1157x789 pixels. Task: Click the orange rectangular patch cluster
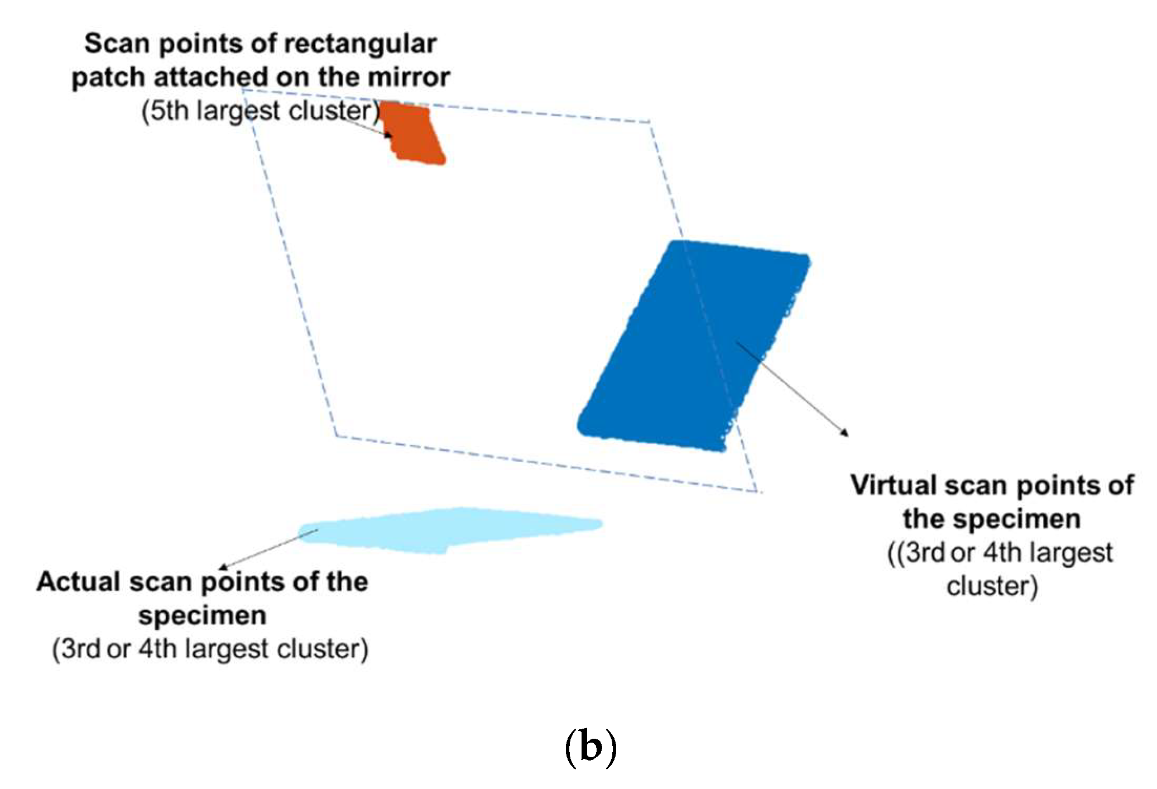(x=416, y=134)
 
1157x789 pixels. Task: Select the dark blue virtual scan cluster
(x=692, y=346)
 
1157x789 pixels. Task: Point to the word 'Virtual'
(x=892, y=485)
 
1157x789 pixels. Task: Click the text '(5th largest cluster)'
(x=260, y=111)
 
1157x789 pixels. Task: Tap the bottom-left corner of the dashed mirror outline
(x=336, y=436)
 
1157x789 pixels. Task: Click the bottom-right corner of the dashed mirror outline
(x=757, y=491)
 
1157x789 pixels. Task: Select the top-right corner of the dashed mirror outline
(x=649, y=121)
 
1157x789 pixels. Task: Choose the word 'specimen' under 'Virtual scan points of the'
(x=991, y=519)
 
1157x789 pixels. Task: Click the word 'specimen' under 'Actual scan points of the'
(x=202, y=616)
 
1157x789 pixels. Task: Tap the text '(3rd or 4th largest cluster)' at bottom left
(x=210, y=649)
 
